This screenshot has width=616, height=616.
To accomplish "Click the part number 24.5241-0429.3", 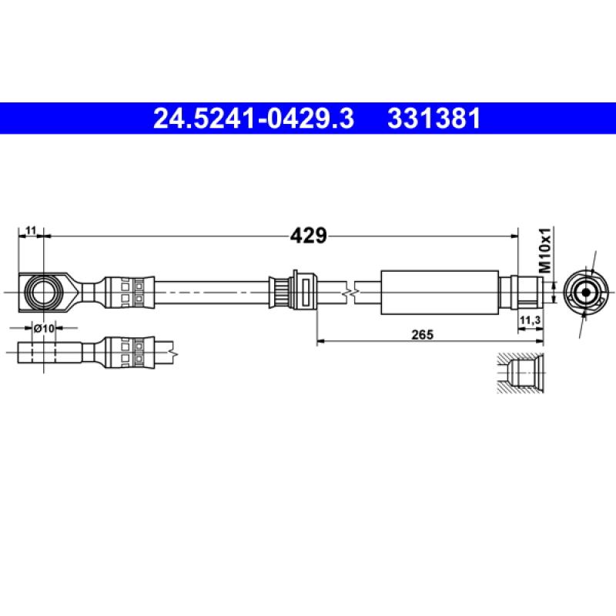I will tap(253, 119).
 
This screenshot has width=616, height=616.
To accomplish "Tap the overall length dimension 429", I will tap(308, 236).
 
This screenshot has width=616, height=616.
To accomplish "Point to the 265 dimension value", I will tap(423, 333).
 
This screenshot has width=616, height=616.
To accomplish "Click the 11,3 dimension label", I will tap(529, 320).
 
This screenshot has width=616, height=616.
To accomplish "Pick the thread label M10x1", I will tap(544, 251).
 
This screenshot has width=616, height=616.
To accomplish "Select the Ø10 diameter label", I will tap(45, 328).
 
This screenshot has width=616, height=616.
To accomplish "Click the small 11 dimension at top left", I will tap(32, 230).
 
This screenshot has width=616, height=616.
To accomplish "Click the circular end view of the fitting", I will tap(585, 293).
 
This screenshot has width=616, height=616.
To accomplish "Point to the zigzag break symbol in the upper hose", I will tap(352, 293).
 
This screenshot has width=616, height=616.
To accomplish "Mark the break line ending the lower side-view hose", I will tap(177, 353).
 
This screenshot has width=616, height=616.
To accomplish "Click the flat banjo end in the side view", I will tap(50, 353).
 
